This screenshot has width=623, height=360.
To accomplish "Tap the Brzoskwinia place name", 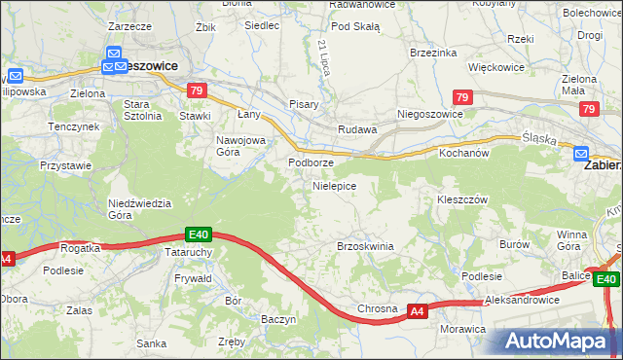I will (365, 246).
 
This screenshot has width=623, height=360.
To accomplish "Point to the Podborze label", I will (311, 162).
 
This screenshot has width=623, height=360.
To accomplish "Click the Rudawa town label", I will (356, 129).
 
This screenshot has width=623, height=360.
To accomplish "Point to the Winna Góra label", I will (572, 240).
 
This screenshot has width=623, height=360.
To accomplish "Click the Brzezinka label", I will (433, 53).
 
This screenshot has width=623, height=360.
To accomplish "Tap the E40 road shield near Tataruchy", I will (199, 234).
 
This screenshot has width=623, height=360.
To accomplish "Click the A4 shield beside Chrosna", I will (417, 311).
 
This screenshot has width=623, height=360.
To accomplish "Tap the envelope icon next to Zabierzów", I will (581, 153).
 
